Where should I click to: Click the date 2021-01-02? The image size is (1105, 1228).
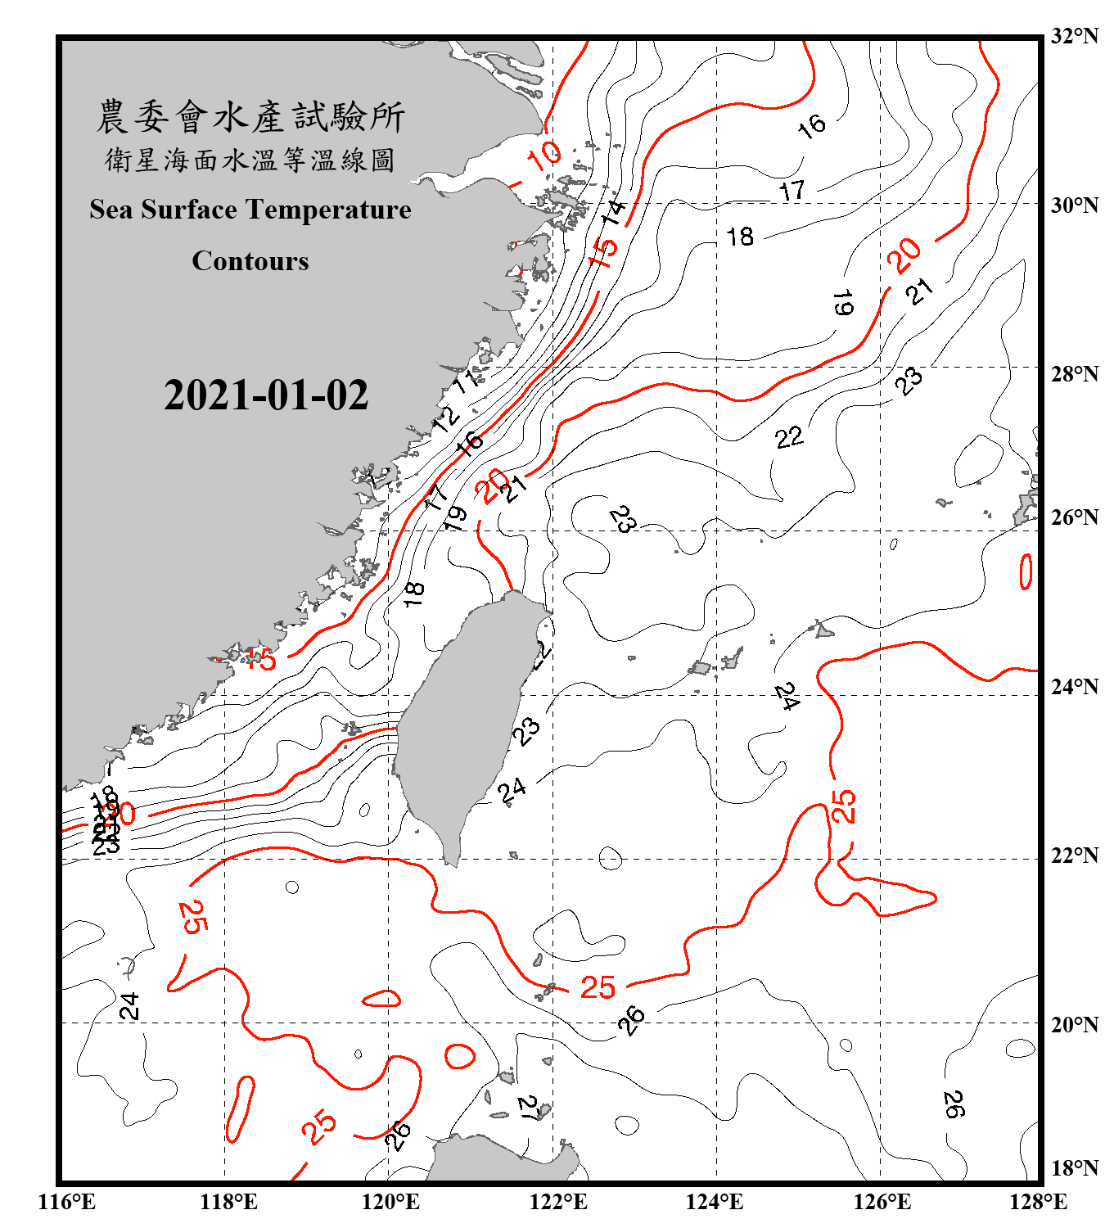(x=266, y=395)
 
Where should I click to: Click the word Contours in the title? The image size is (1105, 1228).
(x=250, y=261)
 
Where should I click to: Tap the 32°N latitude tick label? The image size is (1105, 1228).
(x=1075, y=36)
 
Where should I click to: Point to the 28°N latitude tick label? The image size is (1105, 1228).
(x=1075, y=374)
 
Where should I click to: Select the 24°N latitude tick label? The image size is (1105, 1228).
(x=1075, y=687)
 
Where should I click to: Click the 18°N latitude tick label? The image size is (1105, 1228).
(x=1075, y=1168)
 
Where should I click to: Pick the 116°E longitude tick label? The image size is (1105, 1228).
(x=67, y=1202)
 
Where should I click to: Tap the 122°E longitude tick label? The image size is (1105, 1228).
(x=558, y=1202)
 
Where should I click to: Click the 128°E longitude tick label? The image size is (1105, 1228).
(x=1038, y=1202)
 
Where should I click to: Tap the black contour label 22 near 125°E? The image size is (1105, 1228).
(x=789, y=437)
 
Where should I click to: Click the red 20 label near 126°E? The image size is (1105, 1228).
(x=904, y=255)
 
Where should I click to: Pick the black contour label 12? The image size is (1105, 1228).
(x=446, y=418)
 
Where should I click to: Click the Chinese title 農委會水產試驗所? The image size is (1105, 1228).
(x=250, y=117)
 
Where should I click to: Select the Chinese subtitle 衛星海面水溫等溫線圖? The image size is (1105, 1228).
(x=250, y=160)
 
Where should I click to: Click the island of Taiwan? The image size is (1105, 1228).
(x=462, y=720)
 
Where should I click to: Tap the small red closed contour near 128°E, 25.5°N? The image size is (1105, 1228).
(x=1026, y=571)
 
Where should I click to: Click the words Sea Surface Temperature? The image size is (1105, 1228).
(x=250, y=210)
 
